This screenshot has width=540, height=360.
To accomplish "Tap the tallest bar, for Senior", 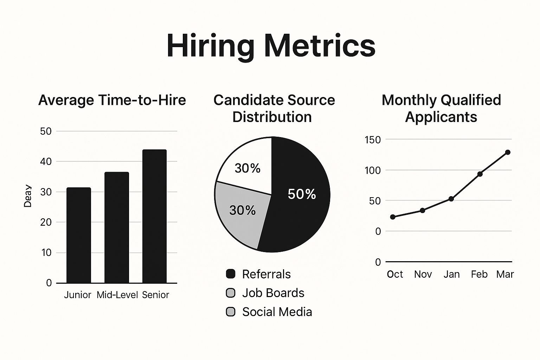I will tap(154, 216).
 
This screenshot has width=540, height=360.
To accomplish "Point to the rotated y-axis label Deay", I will tap(27, 196).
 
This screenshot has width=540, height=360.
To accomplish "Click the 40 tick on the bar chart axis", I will tap(46, 161).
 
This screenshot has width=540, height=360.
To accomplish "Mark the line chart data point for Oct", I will tap(393, 217).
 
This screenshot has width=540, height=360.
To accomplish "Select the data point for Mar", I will tap(508, 152).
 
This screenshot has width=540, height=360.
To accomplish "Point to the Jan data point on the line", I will tap(451, 199).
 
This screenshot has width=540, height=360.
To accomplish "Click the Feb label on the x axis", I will tap(479, 274).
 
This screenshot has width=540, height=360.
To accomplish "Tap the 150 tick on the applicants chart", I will tap(373, 140).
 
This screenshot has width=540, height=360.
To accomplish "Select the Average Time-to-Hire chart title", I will tap(112, 100).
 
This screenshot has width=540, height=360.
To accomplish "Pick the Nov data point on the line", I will tap(423, 211).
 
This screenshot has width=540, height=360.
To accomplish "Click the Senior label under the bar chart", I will tap(155, 295).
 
